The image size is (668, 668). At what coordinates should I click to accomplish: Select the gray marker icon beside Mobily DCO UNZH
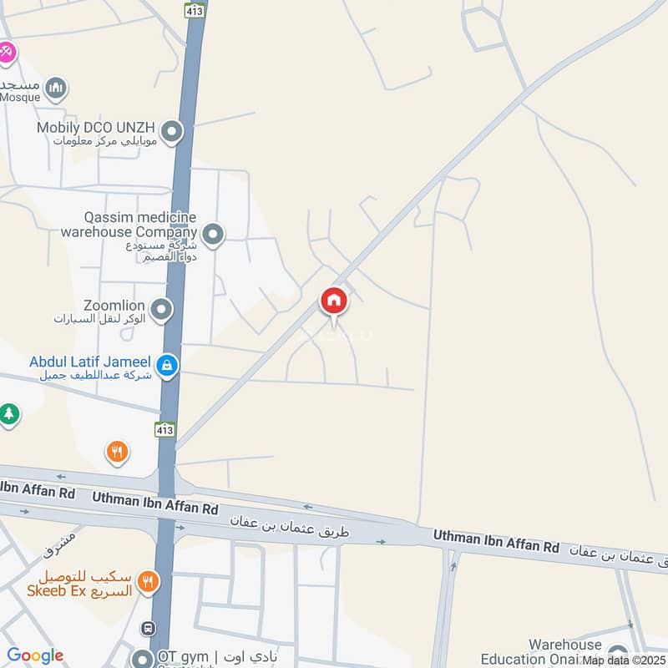coord(172,132)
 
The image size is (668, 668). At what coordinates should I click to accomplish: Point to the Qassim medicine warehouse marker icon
coord(214,235)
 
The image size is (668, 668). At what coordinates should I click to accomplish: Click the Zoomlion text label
coord(114,306)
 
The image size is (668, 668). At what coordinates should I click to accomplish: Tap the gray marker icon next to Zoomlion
coord(161,311)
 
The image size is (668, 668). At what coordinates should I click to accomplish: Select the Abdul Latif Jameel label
coord(89,362)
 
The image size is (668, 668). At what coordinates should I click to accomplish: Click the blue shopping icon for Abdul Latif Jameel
coord(168,365)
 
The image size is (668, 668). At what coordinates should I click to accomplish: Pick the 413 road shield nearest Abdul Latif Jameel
coord(164,430)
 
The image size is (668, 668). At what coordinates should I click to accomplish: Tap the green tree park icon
coord(9,413)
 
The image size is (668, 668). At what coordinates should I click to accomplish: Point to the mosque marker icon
coord(56,88)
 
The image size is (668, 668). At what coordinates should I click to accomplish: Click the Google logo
coord(35,656)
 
